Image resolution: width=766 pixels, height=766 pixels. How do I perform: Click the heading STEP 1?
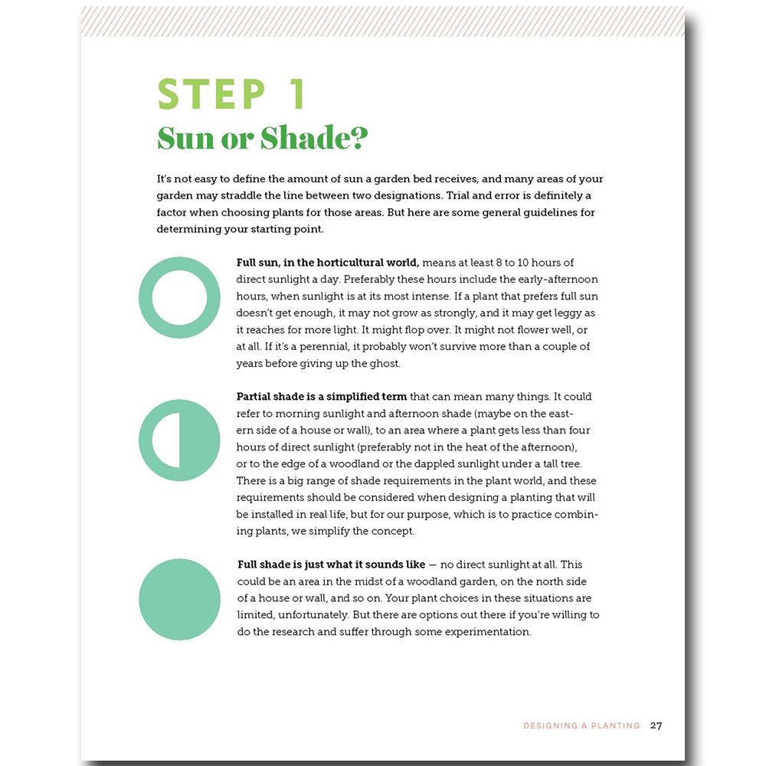pyautogui.click(x=232, y=94)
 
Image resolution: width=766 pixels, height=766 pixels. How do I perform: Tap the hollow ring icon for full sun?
pyautogui.click(x=179, y=297)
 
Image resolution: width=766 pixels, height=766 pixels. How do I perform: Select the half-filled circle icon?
pyautogui.click(x=179, y=440)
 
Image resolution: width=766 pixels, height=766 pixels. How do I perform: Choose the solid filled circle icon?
pyautogui.click(x=179, y=599)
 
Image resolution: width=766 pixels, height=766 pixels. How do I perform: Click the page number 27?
pyautogui.click(x=656, y=725)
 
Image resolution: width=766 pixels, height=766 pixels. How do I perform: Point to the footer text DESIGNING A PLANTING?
pyautogui.click(x=581, y=725)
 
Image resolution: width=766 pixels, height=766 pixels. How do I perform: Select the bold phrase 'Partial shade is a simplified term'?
pyautogui.click(x=322, y=397)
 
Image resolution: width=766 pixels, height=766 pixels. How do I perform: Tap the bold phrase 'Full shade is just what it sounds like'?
pyautogui.click(x=331, y=565)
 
